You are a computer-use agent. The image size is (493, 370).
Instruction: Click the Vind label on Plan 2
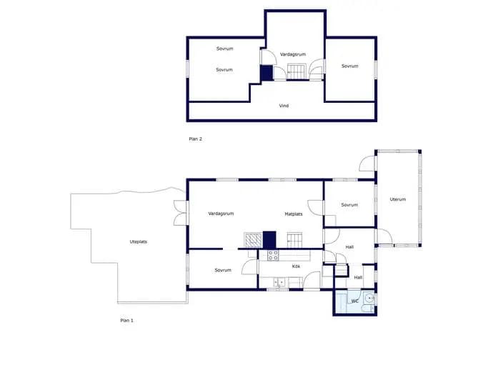click(x=284, y=106)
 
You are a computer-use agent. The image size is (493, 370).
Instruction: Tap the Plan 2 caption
click(x=195, y=139)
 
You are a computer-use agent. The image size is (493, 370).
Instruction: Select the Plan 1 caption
click(x=126, y=320)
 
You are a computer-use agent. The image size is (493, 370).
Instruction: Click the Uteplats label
click(x=139, y=241)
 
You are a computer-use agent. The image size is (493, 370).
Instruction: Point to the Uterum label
click(x=398, y=199)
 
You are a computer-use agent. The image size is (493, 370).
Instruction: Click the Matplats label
click(x=294, y=214)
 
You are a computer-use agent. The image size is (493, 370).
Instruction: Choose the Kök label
click(x=296, y=266)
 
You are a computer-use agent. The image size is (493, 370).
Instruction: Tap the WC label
click(x=354, y=301)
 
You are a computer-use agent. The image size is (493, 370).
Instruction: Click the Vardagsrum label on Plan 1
click(x=221, y=214)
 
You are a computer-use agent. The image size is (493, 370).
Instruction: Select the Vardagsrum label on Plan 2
click(x=293, y=54)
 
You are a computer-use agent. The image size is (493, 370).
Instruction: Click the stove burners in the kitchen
click(x=273, y=255)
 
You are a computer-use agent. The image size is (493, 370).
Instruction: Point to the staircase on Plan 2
click(x=297, y=71)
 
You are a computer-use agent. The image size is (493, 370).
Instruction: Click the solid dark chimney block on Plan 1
click(x=269, y=240)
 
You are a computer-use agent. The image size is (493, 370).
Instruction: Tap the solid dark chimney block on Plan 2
click(x=267, y=73)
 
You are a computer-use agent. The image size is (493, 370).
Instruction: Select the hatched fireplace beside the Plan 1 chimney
click(x=253, y=240)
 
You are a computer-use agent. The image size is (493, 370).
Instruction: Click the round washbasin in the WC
click(x=370, y=298)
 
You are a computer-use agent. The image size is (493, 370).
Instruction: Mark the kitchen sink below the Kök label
click(x=279, y=282)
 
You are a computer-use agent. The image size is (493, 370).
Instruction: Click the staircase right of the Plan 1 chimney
click(x=294, y=240)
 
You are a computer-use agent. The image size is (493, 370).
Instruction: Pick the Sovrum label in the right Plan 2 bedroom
click(x=350, y=66)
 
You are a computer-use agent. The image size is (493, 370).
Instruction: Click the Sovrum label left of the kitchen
click(x=223, y=270)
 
